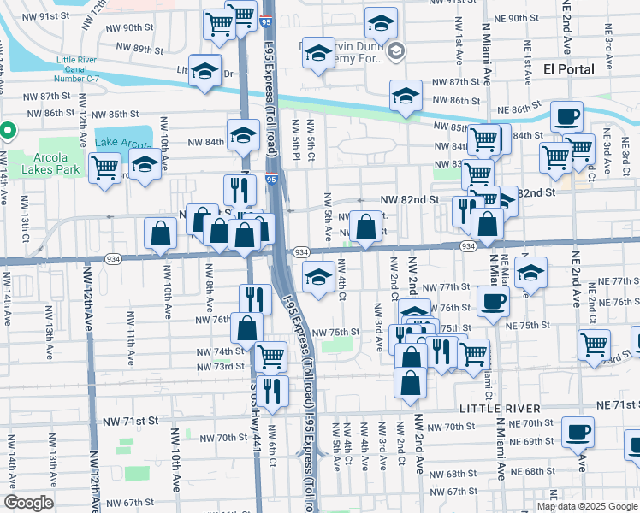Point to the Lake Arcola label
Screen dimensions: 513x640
(x=121, y=142)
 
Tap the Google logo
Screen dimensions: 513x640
(x=29, y=503)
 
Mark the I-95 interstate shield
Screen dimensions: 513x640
(x=270, y=180)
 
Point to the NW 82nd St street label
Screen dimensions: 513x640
(x=409, y=199)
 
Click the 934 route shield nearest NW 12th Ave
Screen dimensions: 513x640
(x=112, y=257)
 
